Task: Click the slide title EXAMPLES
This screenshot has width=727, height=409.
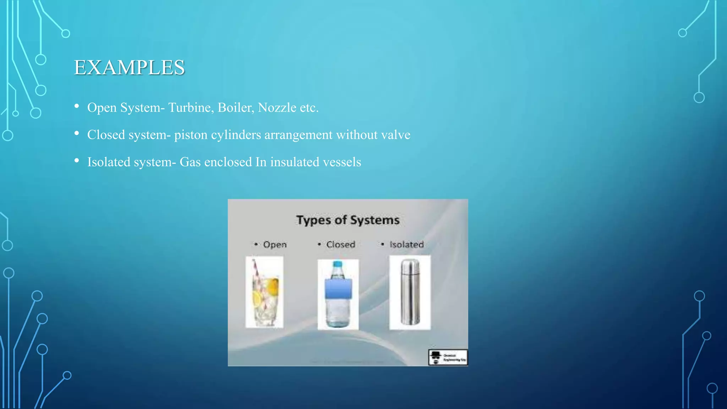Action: (129, 67)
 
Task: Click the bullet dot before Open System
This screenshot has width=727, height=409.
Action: (77, 106)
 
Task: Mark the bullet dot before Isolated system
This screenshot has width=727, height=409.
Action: (77, 160)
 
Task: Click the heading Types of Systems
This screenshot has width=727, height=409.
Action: (348, 220)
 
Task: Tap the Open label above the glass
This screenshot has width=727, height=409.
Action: (275, 245)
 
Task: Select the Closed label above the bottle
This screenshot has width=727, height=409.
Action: (340, 245)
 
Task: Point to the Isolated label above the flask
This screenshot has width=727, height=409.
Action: (406, 245)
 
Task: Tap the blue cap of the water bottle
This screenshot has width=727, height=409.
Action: (338, 265)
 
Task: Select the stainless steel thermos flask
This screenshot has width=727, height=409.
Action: (410, 292)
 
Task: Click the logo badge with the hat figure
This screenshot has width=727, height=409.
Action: (448, 357)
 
